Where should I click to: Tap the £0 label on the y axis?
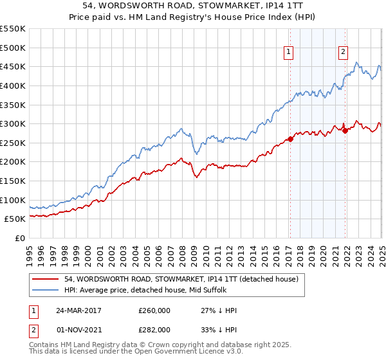pyautogui.click(x=19, y=238)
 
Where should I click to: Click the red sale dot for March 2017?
pyautogui.click(x=290, y=139)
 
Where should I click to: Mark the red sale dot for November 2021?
pyautogui.click(x=345, y=130)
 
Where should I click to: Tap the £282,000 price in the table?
pyautogui.click(x=154, y=329)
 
